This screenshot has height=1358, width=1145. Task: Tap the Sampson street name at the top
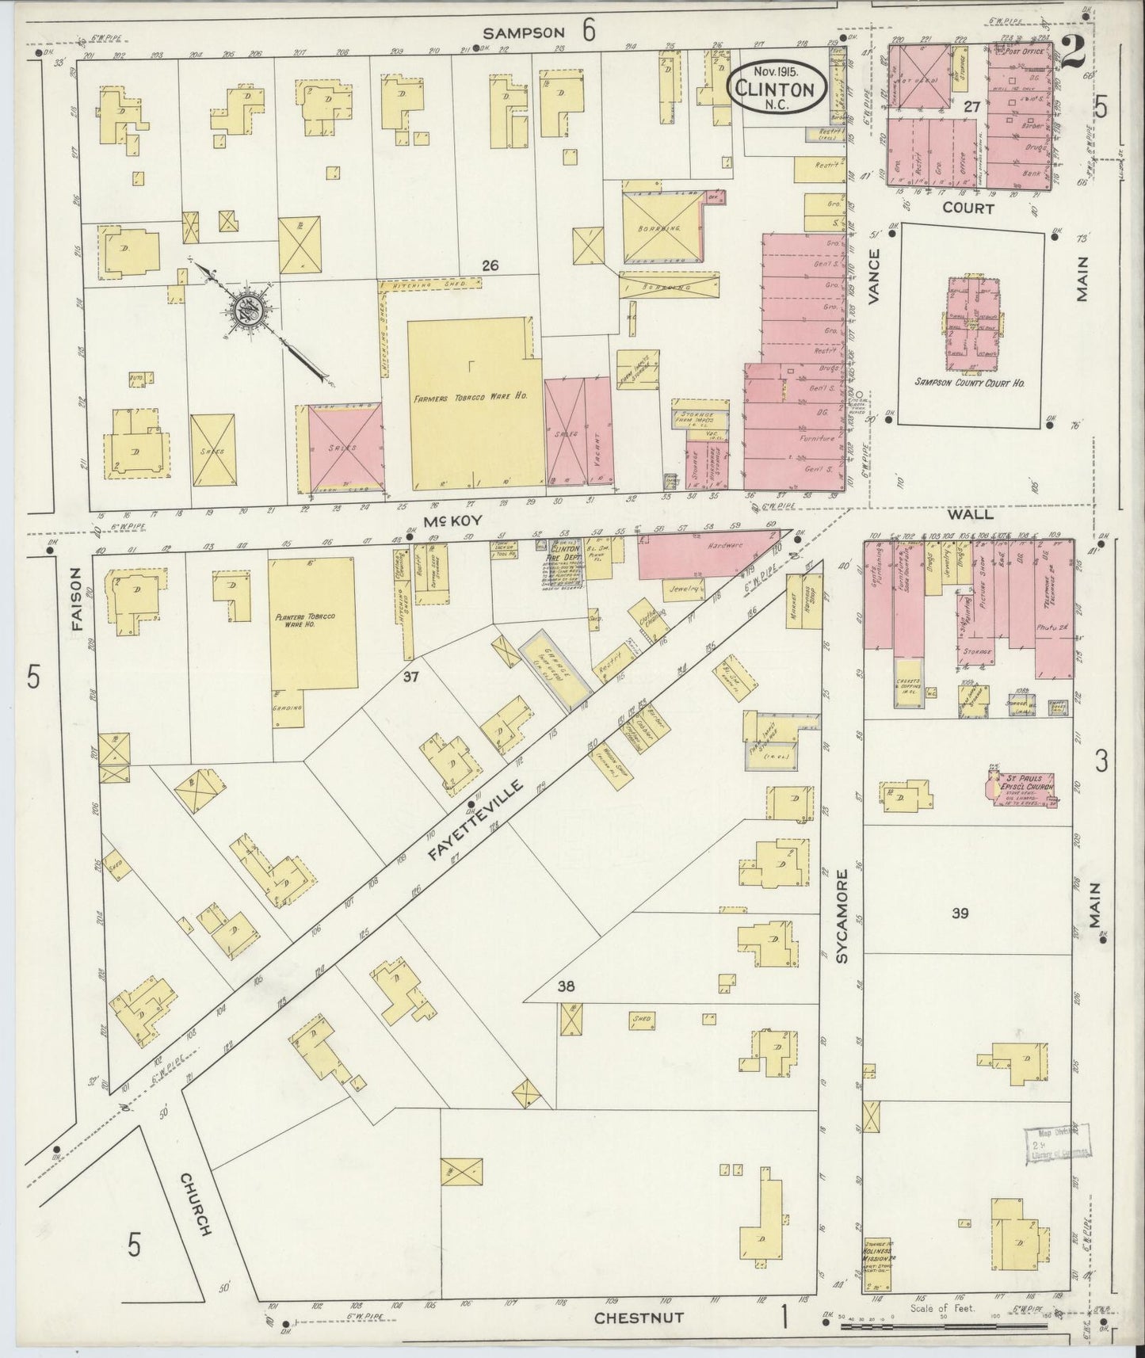pyautogui.click(x=524, y=32)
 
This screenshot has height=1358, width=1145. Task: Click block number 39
pyautogui.click(x=960, y=914)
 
